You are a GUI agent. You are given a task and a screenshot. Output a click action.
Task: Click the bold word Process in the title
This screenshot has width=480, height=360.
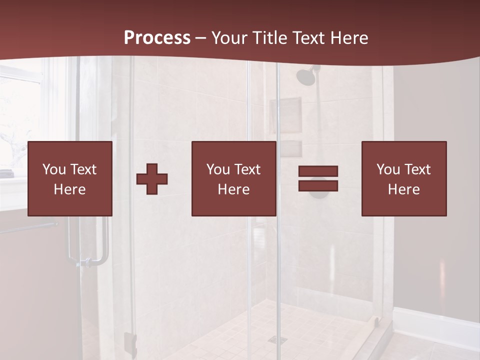pos(157,37)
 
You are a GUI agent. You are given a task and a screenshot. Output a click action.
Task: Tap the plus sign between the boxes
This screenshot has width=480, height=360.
pos(152,179)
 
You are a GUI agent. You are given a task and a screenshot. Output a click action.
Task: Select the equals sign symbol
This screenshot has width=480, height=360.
pos(318,178)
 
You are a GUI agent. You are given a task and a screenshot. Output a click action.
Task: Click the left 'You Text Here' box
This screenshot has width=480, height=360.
pos(69,178)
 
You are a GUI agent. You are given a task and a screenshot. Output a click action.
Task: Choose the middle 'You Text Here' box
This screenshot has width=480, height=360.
pos(233,178)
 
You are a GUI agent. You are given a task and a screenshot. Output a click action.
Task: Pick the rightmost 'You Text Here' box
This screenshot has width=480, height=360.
pos(403,178)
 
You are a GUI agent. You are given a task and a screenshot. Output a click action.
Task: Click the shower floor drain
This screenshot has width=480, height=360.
pos(277,339)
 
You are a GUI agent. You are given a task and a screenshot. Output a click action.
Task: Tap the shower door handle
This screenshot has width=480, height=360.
pos(102,245)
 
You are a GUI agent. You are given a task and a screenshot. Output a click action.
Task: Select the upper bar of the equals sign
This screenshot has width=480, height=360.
pos(318,171)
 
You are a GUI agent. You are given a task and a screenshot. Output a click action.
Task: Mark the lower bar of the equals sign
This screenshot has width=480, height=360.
pos(318,185)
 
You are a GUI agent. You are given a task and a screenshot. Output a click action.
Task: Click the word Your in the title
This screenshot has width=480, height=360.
pos(230,37)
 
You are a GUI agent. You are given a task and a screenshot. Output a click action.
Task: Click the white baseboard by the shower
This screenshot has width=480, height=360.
pos(435,325)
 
